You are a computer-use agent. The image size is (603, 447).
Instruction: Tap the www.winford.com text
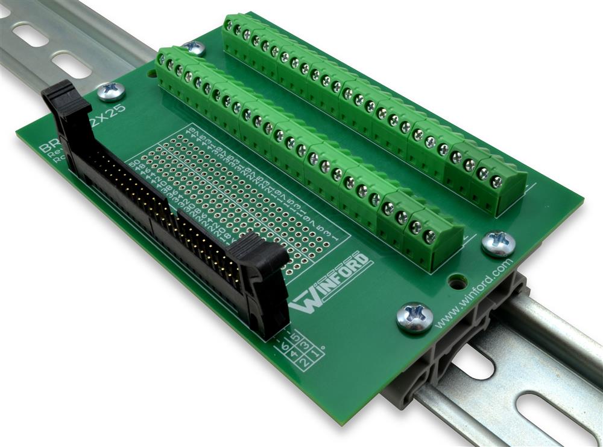[x=474, y=294]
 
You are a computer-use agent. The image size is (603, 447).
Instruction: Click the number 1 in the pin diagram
[x=317, y=351]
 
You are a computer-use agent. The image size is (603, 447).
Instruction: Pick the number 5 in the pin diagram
[x=295, y=336]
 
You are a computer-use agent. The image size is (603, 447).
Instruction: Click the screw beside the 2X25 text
[x=112, y=91]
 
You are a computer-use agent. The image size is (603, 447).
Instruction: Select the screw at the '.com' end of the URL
[x=499, y=243]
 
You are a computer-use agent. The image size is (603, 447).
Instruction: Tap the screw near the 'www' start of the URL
[x=415, y=317]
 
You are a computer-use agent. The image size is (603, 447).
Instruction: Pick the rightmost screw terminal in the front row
[x=430, y=237]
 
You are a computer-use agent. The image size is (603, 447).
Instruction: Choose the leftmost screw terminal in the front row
[x=161, y=60]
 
